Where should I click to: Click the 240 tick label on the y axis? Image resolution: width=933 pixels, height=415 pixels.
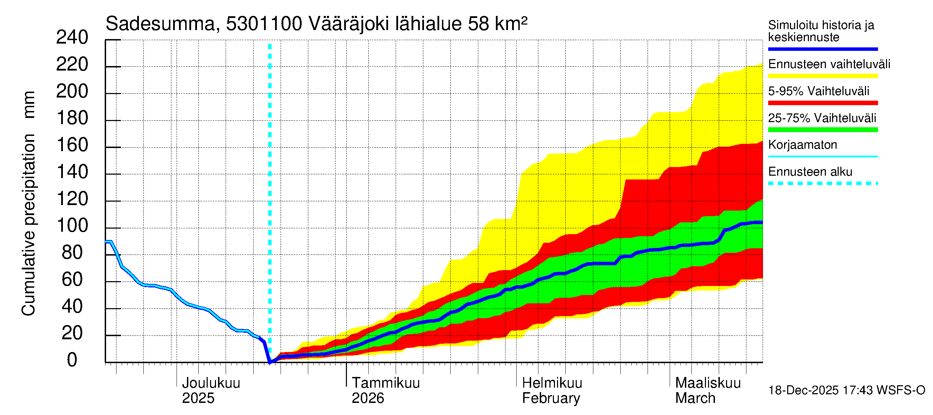pos(72,38)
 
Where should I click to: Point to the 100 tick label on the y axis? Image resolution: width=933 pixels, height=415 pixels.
pos(72,226)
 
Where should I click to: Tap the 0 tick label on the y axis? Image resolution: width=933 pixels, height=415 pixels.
pos(72,360)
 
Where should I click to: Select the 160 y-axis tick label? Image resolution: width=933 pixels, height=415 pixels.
pos(72,145)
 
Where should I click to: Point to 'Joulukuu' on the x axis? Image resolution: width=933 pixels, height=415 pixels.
pos(211,383)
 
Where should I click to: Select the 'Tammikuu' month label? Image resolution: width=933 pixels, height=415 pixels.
pos(386,383)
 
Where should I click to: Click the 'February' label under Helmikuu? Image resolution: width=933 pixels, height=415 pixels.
pos(551,398)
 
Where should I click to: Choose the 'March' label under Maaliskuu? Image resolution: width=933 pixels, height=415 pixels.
pos(695,398)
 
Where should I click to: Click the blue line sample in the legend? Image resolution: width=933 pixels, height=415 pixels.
pos(822,49)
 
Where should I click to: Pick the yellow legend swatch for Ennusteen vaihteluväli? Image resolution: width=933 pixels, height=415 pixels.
pos(822,76)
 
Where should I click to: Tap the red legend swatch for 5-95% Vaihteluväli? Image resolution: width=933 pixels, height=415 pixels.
pos(822,103)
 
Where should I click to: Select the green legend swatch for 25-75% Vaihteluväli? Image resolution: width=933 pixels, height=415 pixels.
pos(822,130)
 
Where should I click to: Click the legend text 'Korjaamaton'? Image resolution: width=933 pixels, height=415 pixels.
pos(802,145)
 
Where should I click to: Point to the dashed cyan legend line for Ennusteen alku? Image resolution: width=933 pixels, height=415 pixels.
pos(822,183)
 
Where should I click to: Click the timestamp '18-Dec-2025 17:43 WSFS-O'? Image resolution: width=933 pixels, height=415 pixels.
pos(846,390)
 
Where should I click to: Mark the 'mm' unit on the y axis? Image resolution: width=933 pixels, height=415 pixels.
pos(29,105)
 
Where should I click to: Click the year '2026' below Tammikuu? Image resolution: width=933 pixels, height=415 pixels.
pos(368,398)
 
